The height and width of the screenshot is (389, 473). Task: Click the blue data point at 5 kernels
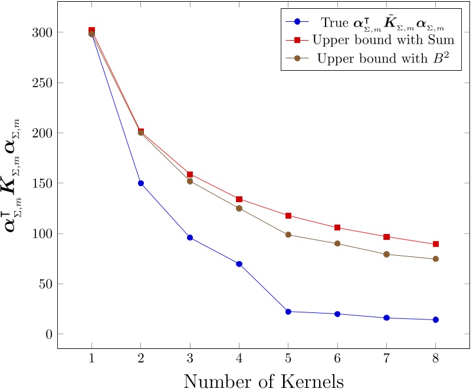click(x=288, y=311)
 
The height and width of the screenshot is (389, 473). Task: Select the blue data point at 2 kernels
click(x=140, y=183)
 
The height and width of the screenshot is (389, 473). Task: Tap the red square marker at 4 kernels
click(x=239, y=199)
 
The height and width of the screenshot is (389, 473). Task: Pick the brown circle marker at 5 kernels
click(x=288, y=235)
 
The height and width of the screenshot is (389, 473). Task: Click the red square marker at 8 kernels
click(x=435, y=244)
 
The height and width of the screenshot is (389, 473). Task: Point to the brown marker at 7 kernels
click(x=386, y=255)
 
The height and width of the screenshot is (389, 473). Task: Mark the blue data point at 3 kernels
click(x=190, y=238)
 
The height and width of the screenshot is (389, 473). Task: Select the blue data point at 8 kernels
click(x=435, y=319)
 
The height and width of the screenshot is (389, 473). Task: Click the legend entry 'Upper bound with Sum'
click(x=383, y=40)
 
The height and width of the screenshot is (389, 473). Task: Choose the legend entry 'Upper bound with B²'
click(x=383, y=58)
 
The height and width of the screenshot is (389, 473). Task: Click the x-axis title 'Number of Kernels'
click(x=264, y=380)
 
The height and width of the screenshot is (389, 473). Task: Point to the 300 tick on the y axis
click(x=42, y=32)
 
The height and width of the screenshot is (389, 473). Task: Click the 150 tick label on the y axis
click(x=42, y=183)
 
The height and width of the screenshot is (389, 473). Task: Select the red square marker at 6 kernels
click(x=337, y=228)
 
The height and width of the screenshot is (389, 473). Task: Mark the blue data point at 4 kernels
click(x=239, y=263)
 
